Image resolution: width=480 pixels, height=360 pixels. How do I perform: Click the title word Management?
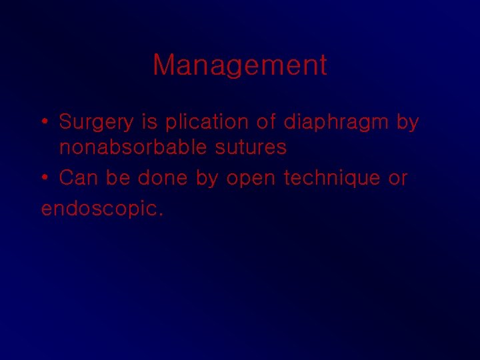point(240,65)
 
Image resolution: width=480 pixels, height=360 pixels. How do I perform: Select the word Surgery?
point(96,123)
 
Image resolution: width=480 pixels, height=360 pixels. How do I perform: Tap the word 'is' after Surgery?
point(149,122)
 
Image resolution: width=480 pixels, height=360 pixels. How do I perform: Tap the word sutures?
point(251,147)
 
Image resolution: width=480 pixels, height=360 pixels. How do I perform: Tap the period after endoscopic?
point(159,215)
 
